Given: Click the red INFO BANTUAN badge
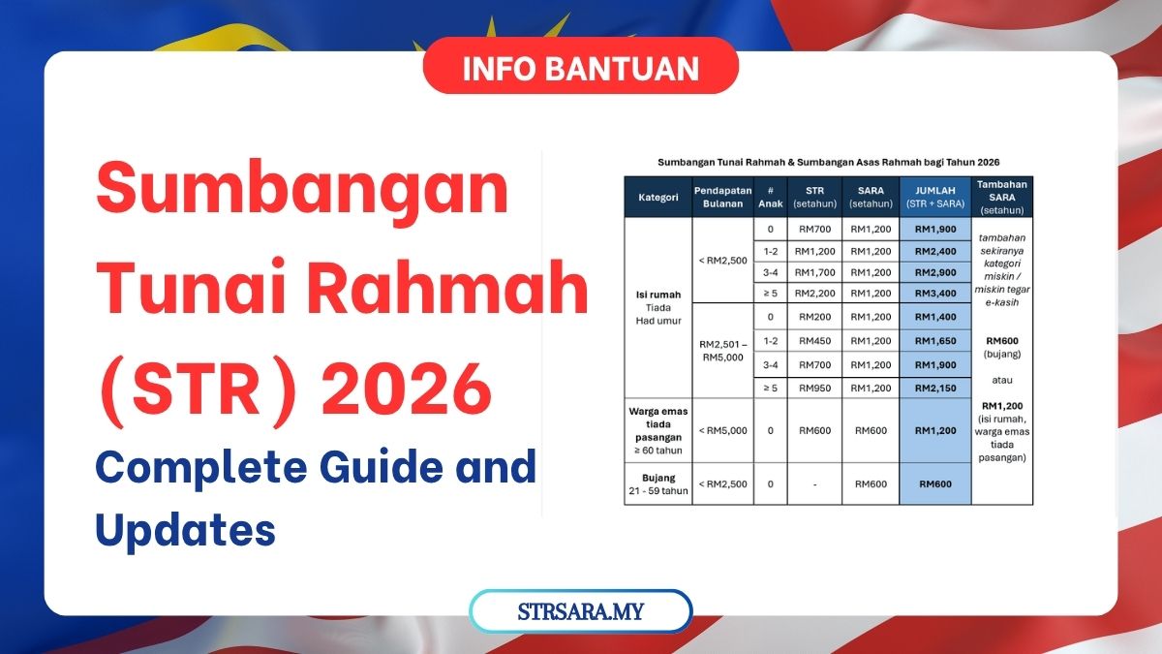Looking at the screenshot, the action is (580, 66).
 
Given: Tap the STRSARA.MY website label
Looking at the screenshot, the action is (580, 611).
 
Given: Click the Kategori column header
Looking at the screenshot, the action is (657, 198).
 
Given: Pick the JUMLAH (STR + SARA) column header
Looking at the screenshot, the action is (935, 198).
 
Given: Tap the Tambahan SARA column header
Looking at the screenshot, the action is (1001, 198).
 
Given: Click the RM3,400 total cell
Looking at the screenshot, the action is (935, 294).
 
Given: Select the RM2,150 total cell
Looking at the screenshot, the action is (935, 389).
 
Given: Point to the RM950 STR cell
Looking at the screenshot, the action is (814, 389).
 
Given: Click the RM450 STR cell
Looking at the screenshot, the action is (814, 341).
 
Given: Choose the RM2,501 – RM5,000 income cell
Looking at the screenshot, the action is (722, 351).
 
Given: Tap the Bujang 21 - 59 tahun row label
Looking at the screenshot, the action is (657, 483).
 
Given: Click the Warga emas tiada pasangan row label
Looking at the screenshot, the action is (657, 430).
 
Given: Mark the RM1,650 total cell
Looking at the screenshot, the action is (935, 341).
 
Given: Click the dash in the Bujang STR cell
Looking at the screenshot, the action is (815, 484).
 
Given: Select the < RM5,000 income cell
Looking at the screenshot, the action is (722, 430).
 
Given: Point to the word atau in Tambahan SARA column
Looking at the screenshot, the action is (1001, 380).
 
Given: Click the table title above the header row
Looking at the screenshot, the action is (829, 162).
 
